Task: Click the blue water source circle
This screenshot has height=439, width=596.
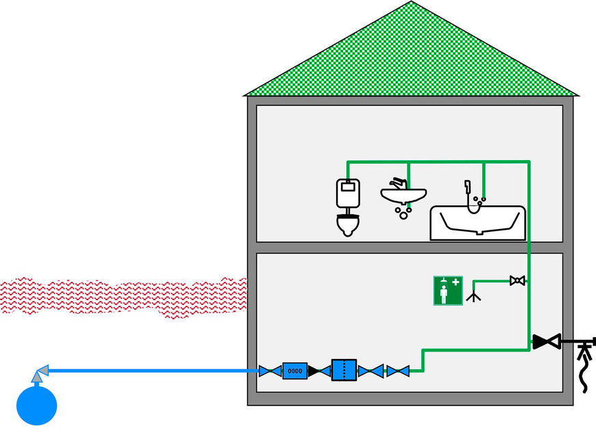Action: pyautogui.click(x=36, y=404)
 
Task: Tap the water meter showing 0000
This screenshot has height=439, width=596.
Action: pyautogui.click(x=295, y=371)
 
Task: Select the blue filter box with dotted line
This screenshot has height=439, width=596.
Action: pyautogui.click(x=344, y=370)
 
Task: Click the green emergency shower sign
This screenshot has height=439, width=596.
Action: pyautogui.click(x=448, y=291)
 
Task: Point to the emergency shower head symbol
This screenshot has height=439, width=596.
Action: pyautogui.click(x=474, y=296)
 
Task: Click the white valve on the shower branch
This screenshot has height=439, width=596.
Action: pyautogui.click(x=517, y=280)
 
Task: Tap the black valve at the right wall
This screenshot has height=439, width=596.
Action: pyautogui.click(x=546, y=340)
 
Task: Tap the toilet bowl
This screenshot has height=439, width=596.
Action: pyautogui.click(x=348, y=223)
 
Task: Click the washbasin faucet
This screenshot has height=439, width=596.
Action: pyautogui.click(x=398, y=183)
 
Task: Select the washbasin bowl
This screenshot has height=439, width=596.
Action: pyautogui.click(x=403, y=197)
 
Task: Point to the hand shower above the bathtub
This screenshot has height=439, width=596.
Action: pyautogui.click(x=469, y=186)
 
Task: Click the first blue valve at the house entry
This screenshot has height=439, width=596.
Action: pyautogui.click(x=269, y=371)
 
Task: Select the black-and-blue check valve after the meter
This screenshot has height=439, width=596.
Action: pyautogui.click(x=319, y=371)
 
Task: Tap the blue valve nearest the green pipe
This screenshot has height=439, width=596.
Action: pyautogui.click(x=398, y=371)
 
